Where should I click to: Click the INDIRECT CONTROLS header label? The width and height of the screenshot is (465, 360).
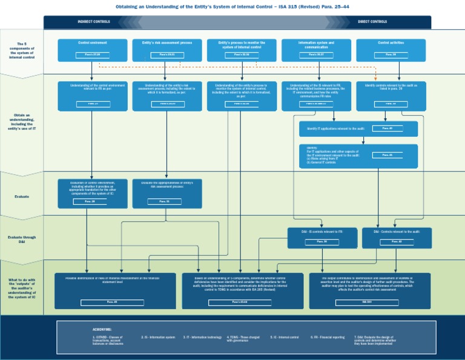[94, 22]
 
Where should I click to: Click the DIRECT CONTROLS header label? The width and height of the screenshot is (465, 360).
[372, 22]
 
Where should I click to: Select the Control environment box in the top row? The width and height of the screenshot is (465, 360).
[93, 50]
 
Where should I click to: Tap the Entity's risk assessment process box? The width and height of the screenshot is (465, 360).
[167, 50]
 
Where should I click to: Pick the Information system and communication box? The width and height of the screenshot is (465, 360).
[316, 50]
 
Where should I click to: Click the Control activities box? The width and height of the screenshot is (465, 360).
[391, 50]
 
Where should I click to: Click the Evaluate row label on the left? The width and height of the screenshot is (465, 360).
[22, 196]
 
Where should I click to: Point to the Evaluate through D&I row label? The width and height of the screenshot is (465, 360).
[22, 239]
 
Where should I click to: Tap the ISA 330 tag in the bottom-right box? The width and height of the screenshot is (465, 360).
[367, 302]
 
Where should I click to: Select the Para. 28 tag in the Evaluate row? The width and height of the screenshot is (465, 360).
[89, 201]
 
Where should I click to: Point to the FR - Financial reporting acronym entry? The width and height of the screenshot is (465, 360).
[329, 337]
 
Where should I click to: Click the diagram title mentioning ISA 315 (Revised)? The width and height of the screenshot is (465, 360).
[232, 7]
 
